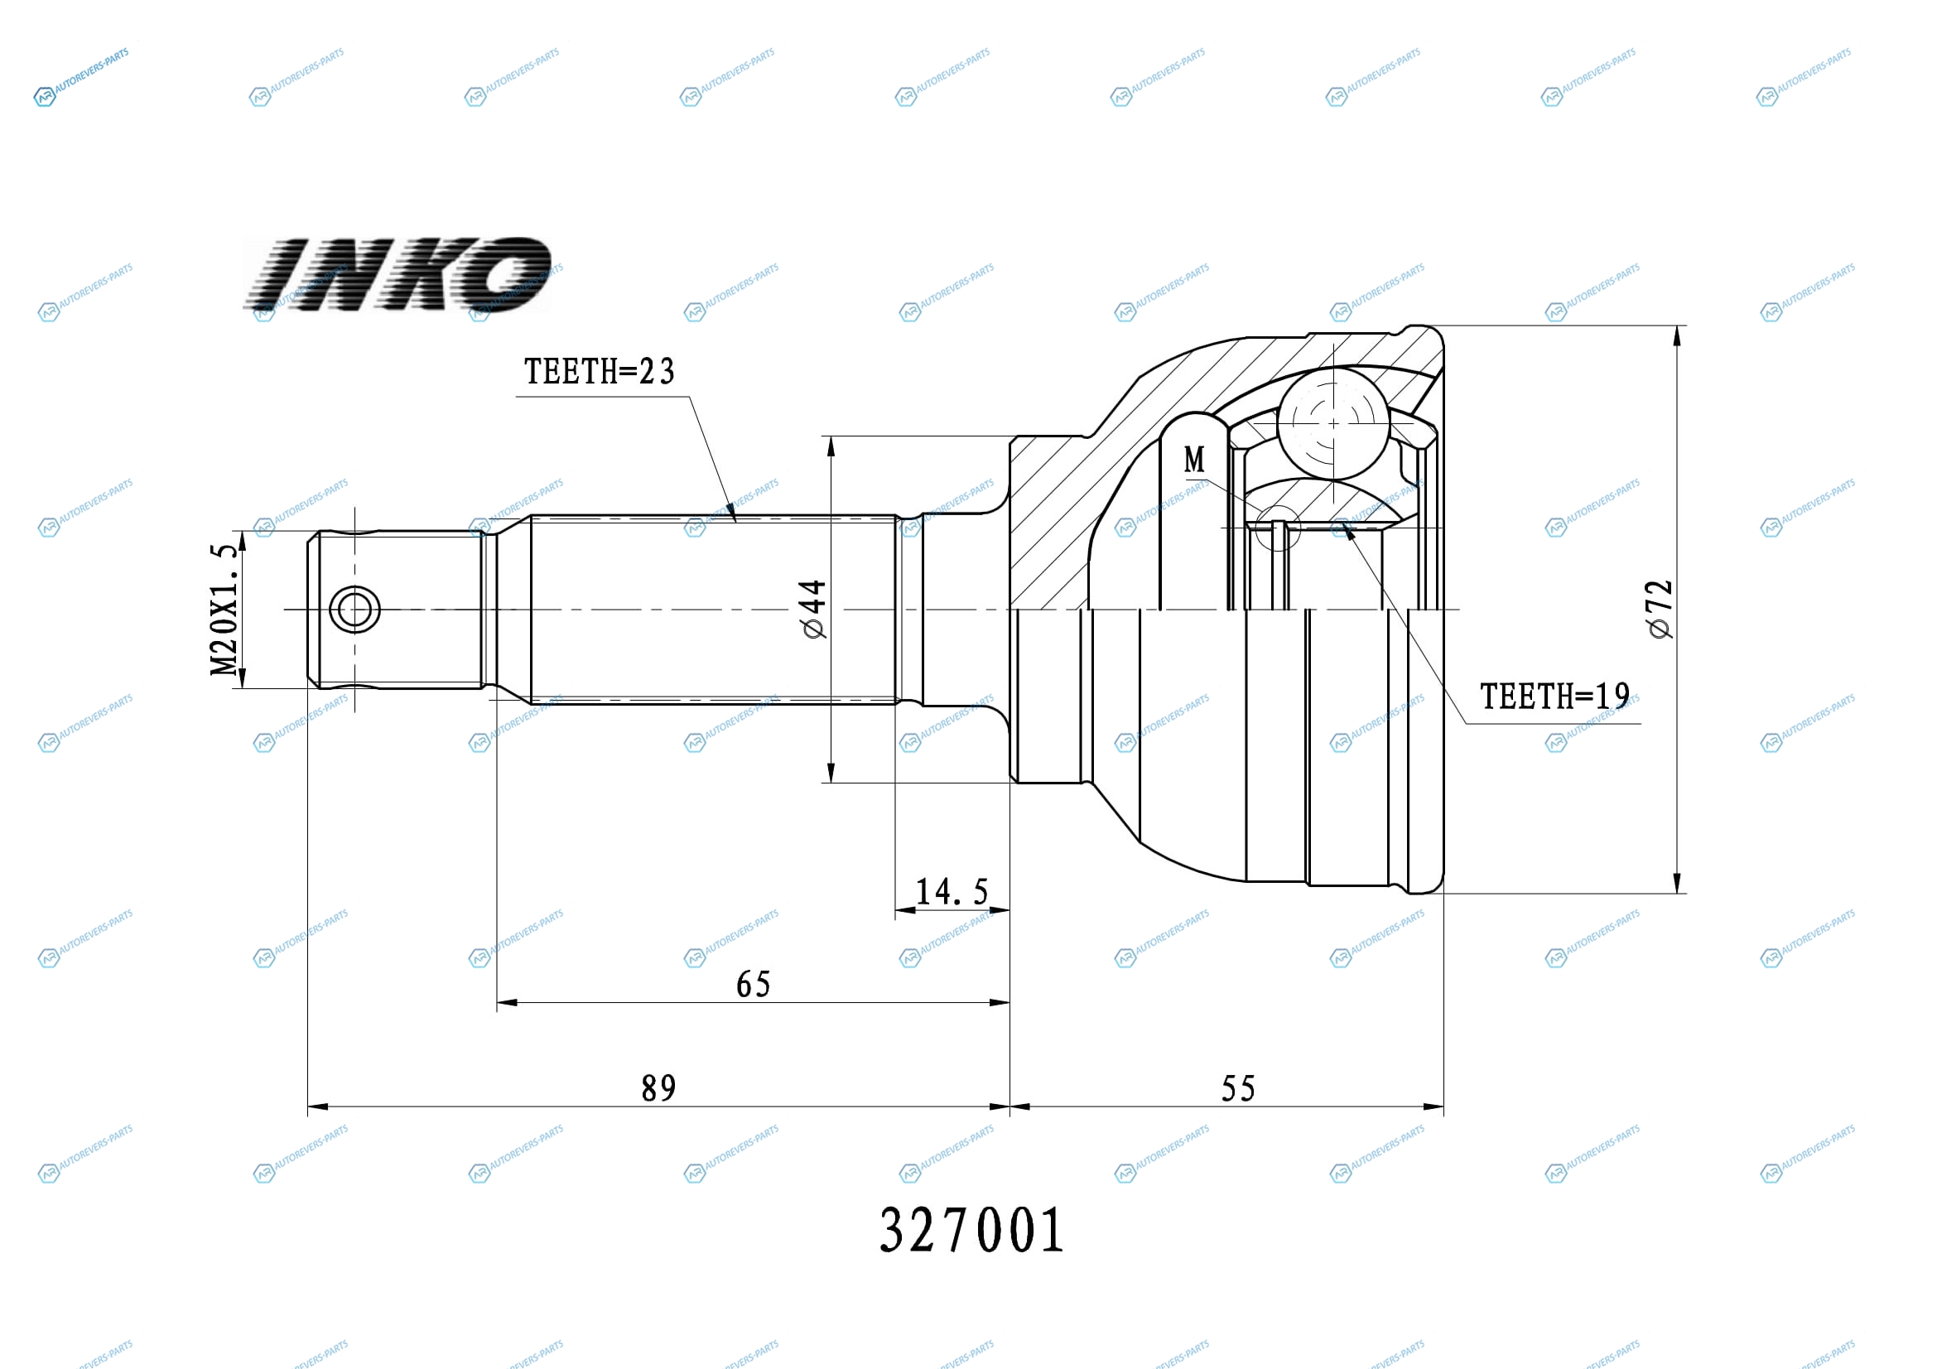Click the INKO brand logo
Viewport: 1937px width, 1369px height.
coord(398,275)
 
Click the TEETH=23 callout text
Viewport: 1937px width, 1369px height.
coord(599,372)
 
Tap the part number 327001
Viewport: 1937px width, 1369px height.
coord(972,1231)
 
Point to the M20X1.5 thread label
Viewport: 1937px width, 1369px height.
coord(224,610)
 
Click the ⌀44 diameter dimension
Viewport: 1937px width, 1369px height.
coord(813,609)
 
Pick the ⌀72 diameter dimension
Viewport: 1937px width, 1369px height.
coord(1660,609)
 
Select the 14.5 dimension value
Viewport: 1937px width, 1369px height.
coord(952,892)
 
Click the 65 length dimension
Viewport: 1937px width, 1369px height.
coord(754,985)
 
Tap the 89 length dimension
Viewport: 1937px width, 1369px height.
coord(659,1088)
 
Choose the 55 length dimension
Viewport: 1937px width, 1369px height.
coord(1238,1088)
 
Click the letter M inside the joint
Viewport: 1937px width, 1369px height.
coord(1195,460)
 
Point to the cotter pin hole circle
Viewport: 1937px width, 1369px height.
coord(354,609)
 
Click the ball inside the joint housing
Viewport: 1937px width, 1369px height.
coord(1333,422)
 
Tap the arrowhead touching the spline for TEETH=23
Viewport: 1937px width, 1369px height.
coord(730,510)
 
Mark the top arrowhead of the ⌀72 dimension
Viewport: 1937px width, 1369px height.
coord(1676,335)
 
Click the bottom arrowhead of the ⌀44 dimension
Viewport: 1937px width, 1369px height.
coord(831,773)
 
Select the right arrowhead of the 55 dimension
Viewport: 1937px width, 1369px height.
coord(1433,1106)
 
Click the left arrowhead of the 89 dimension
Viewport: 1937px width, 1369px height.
coord(318,1106)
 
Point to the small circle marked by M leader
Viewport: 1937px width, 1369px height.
coord(1278,528)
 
